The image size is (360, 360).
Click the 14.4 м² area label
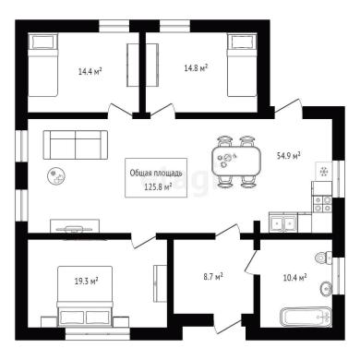[90, 72]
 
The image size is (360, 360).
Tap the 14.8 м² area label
[196, 68]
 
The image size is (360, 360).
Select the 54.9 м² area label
[289, 156]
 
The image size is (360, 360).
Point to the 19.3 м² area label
[87, 281]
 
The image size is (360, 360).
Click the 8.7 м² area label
[213, 277]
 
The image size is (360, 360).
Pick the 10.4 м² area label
[294, 278]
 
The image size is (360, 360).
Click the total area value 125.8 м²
[158, 186]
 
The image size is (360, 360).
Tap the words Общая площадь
[156, 173]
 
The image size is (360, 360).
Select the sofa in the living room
[76, 145]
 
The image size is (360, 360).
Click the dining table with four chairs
[236, 162]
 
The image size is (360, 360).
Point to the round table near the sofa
[56, 176]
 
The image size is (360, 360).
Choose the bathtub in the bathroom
[306, 317]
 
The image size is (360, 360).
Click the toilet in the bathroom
[324, 258]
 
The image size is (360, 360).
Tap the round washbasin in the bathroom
[326, 289]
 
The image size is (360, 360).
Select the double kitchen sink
[283, 222]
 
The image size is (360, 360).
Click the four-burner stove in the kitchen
[322, 204]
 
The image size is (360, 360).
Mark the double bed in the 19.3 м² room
[85, 296]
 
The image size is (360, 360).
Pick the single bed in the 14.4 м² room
[43, 66]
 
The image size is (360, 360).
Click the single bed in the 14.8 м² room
[242, 66]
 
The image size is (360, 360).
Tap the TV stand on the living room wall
[75, 226]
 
